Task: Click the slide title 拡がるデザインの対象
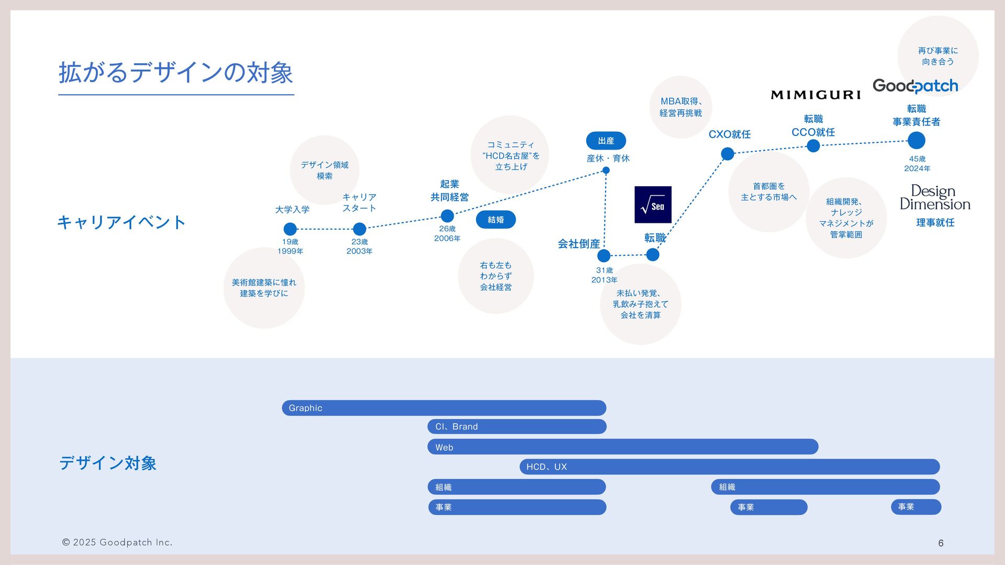coord(175,72)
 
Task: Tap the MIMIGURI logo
coord(816,95)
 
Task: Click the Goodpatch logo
coord(915,86)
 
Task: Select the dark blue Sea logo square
coord(653,205)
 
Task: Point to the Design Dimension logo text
coord(935,198)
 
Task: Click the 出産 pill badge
coord(606,141)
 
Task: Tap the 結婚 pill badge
coord(496,220)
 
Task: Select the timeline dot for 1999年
coord(290,229)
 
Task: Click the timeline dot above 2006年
coord(447,216)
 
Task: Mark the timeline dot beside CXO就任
coord(728,154)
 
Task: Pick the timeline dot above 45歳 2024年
coord(916,141)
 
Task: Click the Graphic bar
coord(444,408)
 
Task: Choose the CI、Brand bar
coord(517,427)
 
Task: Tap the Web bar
coord(623,447)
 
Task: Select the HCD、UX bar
coord(729,467)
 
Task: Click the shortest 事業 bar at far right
coord(916,507)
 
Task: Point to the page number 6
coord(941,543)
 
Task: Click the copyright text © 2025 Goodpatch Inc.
coord(117,543)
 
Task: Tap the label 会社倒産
coord(578,244)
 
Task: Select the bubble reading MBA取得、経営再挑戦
coord(680,107)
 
